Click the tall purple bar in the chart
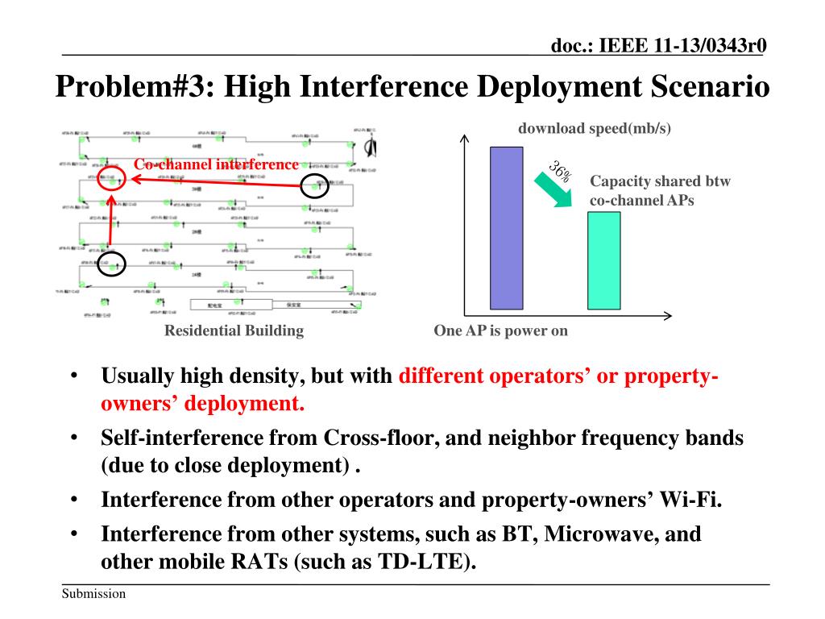(x=506, y=228)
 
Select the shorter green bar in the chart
(x=603, y=260)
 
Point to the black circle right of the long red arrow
(x=313, y=185)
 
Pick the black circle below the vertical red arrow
(x=112, y=264)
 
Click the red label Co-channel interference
(x=215, y=164)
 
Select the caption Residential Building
(x=234, y=330)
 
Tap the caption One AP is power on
(x=500, y=330)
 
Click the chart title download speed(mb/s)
(x=594, y=128)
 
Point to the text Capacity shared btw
(x=660, y=181)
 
